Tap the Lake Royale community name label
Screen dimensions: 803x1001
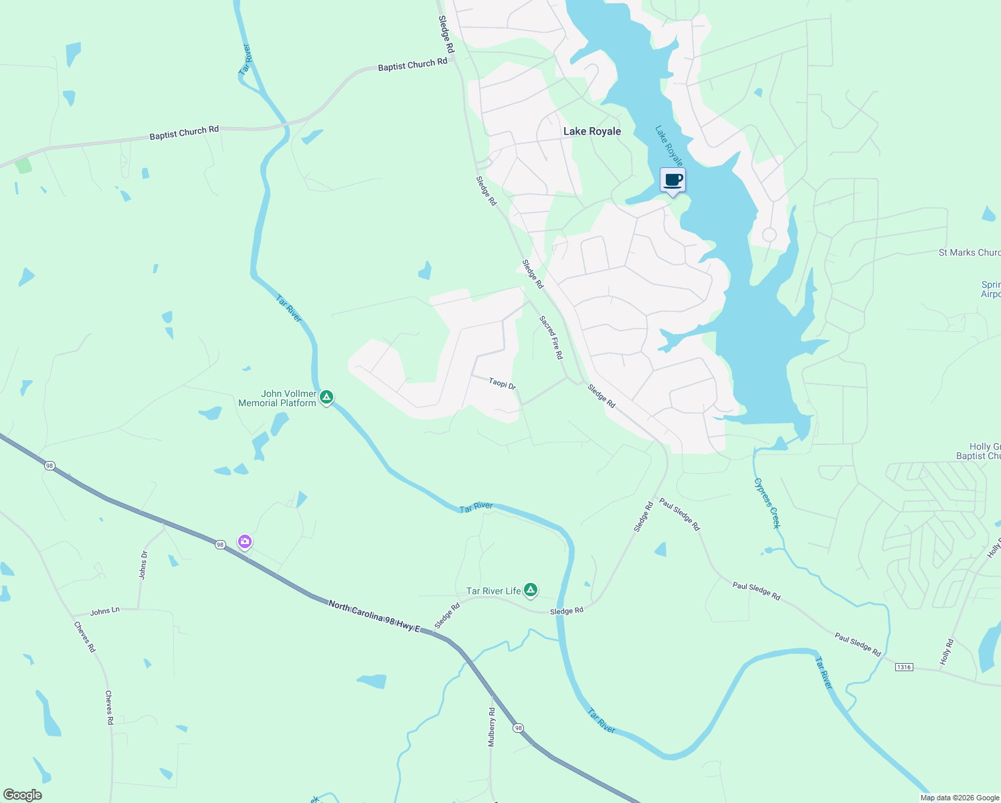click(592, 132)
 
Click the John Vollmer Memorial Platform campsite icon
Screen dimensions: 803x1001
click(327, 397)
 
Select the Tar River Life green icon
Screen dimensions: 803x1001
click(531, 590)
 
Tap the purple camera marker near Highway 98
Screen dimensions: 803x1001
click(245, 541)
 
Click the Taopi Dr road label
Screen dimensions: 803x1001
click(502, 383)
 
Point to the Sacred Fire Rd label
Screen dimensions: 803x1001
click(551, 337)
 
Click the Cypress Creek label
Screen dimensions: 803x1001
click(767, 503)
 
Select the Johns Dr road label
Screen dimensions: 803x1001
click(143, 565)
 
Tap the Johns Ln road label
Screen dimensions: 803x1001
click(105, 611)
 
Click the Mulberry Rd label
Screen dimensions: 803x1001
click(492, 727)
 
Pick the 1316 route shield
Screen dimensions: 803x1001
click(904, 666)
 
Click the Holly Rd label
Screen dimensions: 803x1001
click(945, 652)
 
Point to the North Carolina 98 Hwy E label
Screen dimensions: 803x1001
click(374, 616)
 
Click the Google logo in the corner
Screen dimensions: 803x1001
click(22, 795)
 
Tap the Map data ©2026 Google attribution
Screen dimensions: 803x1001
click(960, 798)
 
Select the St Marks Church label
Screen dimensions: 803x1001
click(969, 252)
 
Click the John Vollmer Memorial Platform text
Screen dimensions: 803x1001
click(278, 398)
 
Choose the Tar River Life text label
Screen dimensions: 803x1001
click(493, 591)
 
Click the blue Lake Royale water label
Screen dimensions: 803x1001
click(668, 146)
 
